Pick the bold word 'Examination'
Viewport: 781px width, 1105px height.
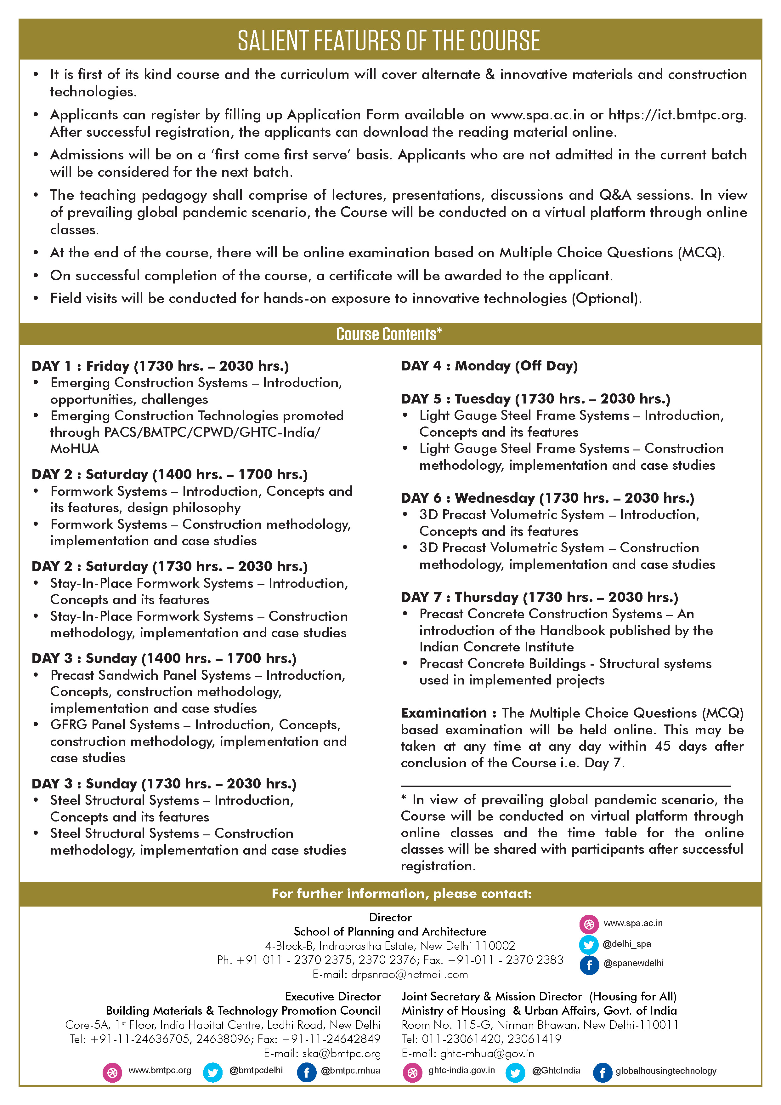coord(444,713)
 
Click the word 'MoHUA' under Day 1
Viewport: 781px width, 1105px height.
coord(75,449)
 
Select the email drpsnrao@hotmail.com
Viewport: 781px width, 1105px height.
coord(409,975)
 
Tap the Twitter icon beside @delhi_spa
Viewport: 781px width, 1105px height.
coord(589,945)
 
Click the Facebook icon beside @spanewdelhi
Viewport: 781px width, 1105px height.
coord(589,965)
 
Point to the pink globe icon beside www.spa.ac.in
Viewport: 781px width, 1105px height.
coord(589,924)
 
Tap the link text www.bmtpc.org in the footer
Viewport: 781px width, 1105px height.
coord(160,1071)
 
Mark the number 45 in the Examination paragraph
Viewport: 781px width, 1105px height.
coord(662,747)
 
